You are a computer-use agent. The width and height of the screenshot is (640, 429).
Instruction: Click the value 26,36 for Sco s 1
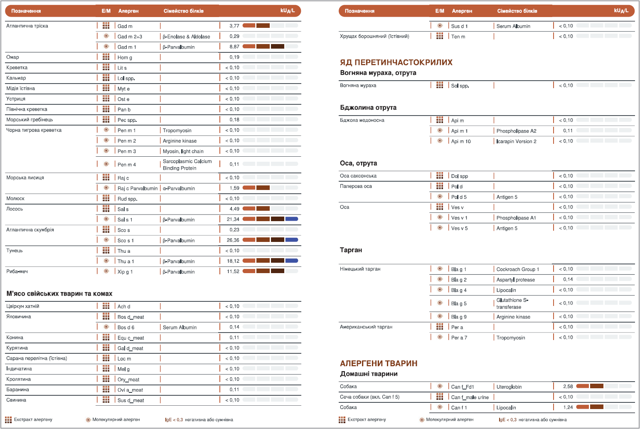pos(233,240)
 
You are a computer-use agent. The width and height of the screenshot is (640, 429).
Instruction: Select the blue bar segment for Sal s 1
pos(292,219)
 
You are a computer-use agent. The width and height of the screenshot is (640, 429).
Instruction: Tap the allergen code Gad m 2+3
pos(130,37)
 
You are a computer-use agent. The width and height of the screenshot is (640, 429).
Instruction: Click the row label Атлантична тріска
pos(27,26)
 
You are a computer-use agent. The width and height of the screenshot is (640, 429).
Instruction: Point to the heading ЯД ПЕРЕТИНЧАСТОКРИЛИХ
pos(396,62)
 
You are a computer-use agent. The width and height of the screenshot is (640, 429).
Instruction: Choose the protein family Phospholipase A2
pos(516,131)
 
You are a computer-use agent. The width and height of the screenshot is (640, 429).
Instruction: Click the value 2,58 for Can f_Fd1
pos(568,387)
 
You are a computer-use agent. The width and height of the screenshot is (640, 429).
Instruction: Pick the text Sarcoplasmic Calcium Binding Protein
pos(187,165)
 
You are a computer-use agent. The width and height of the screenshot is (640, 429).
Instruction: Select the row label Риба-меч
pos(17,271)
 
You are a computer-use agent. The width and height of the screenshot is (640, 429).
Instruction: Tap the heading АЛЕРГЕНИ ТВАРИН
pos(379,363)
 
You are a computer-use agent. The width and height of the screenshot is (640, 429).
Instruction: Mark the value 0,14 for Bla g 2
pos(568,279)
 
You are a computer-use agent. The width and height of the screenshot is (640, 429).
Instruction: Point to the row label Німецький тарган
pos(360,269)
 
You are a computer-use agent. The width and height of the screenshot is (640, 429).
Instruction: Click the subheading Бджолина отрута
pos(368,108)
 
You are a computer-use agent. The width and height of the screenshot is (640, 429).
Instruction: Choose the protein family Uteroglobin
pos(509,387)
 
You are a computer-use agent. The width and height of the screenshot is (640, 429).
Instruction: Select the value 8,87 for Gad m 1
pos(234,47)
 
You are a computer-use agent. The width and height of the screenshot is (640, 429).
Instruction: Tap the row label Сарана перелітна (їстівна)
pos(37,358)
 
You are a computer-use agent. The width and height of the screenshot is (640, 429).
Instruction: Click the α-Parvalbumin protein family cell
pos(179,188)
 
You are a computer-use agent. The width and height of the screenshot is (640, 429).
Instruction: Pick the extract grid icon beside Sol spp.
pos(440,85)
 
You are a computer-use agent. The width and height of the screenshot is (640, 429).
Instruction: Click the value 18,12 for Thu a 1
pos(233,261)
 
